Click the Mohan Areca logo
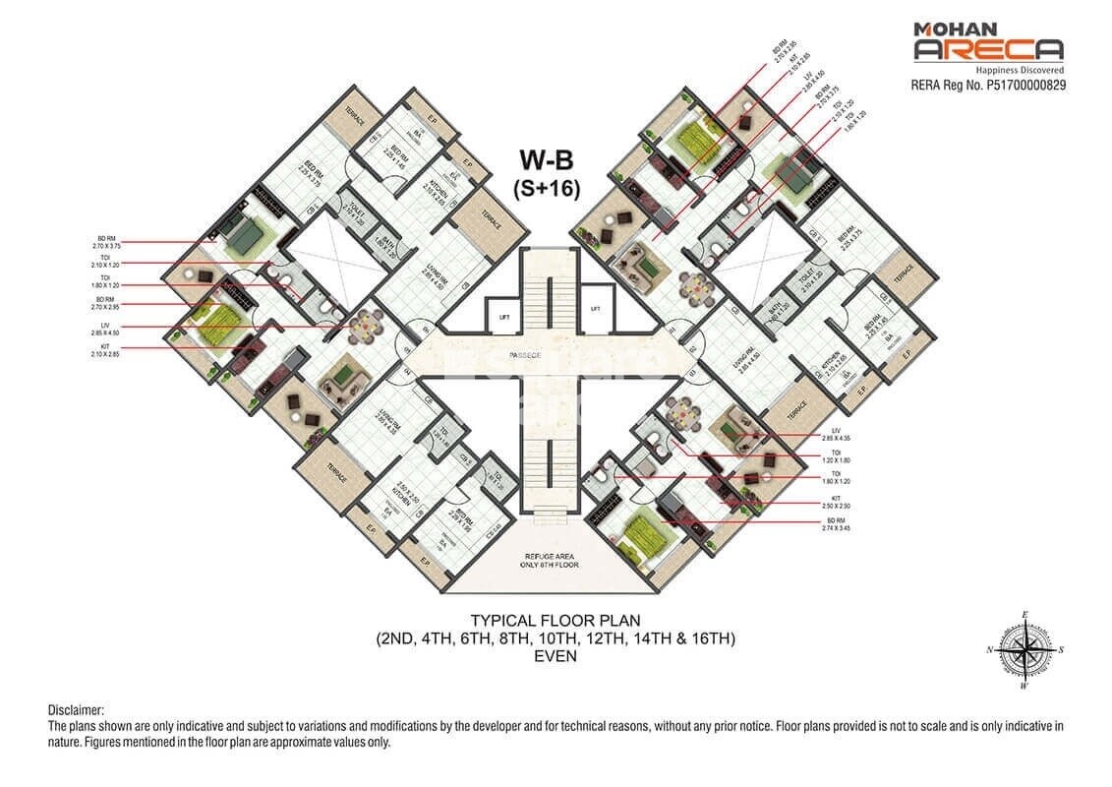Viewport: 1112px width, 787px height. tap(987, 43)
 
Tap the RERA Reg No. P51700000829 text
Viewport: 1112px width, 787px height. tap(989, 86)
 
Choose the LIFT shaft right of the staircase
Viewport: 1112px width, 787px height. tap(595, 308)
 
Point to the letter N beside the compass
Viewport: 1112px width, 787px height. tap(991, 650)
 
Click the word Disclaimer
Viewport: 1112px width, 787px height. tap(76, 710)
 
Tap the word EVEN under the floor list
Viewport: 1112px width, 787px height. tap(556, 656)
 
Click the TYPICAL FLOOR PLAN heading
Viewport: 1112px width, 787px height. tap(556, 621)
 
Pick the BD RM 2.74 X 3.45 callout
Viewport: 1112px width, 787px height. tap(834, 524)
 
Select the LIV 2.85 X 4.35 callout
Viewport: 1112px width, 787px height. tap(834, 436)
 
